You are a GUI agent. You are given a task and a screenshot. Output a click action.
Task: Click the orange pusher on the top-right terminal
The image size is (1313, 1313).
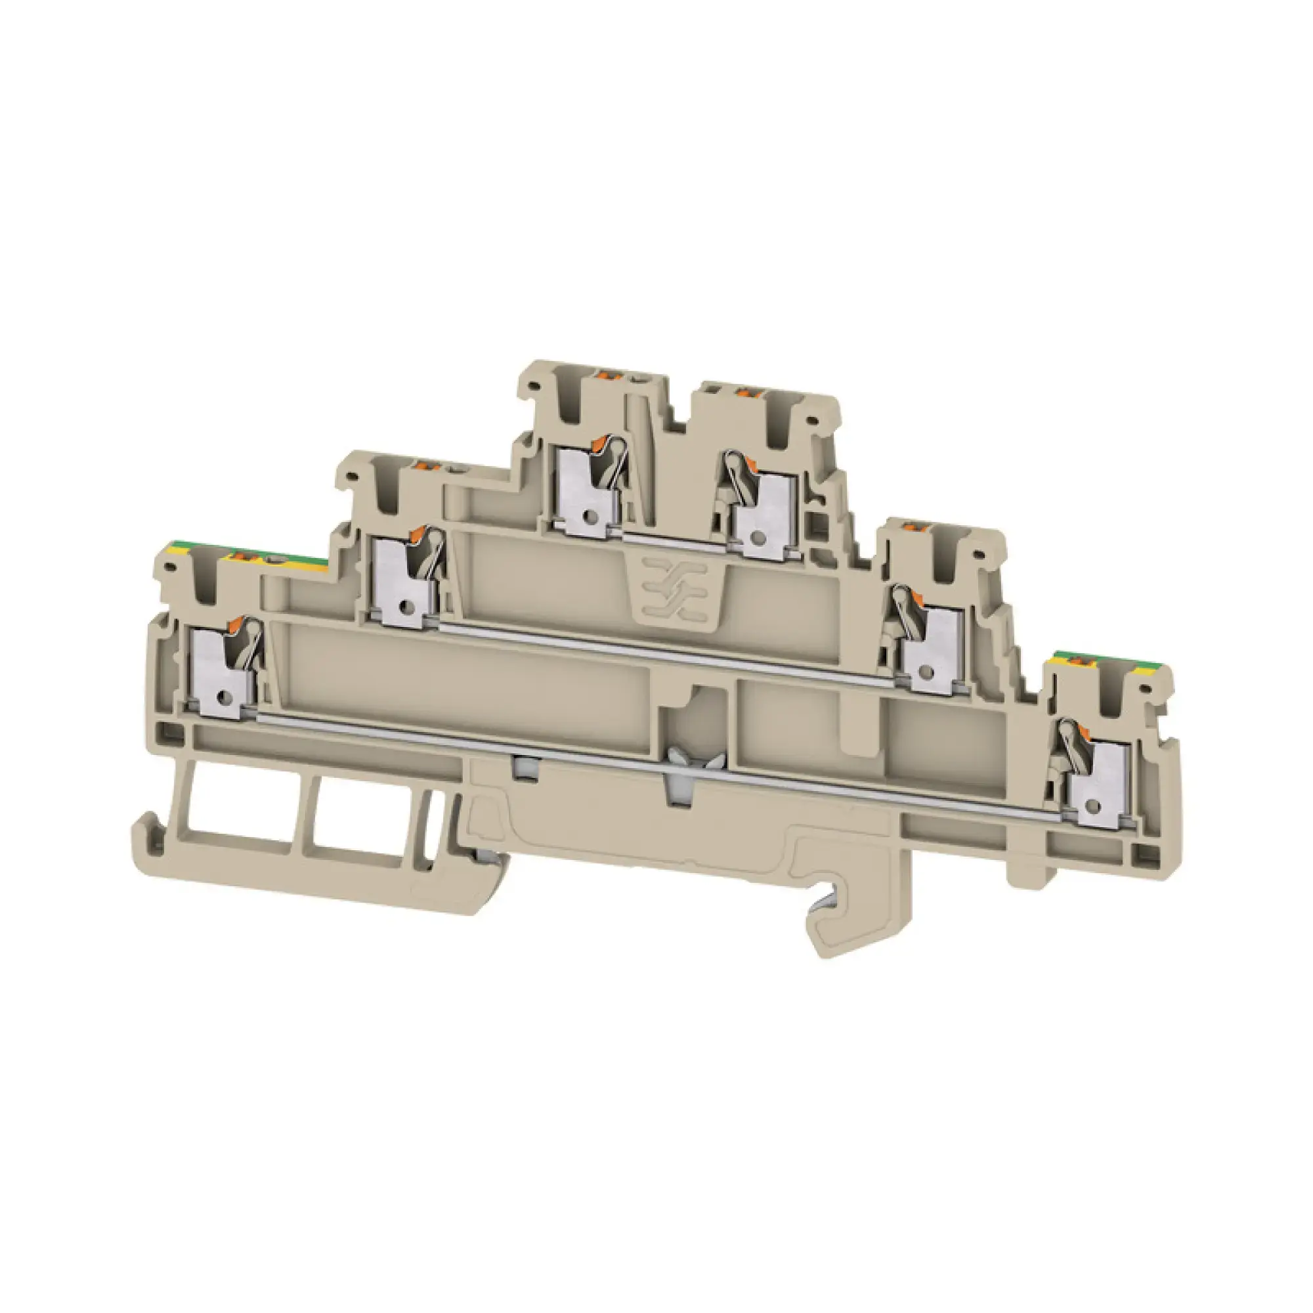point(747,391)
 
